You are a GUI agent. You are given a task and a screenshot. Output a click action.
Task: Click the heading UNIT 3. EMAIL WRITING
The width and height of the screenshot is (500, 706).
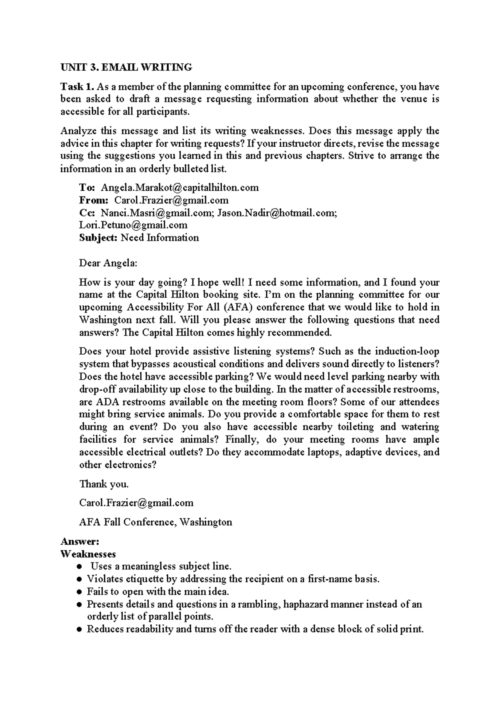[126, 67]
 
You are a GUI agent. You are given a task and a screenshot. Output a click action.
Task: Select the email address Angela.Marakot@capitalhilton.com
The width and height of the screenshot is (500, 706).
[180, 187]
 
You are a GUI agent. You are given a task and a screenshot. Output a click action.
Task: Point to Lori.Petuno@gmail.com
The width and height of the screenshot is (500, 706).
[133, 225]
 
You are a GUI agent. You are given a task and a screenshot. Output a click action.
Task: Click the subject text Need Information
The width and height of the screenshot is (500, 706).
[160, 238]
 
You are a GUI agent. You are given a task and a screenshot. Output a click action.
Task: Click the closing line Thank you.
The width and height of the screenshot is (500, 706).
[104, 484]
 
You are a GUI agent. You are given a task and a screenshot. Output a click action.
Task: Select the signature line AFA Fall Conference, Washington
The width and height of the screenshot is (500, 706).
[155, 522]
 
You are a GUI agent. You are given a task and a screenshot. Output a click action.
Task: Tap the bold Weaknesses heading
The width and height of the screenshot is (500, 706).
[88, 554]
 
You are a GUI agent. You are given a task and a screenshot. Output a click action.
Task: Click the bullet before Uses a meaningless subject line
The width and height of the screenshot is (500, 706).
[79, 567]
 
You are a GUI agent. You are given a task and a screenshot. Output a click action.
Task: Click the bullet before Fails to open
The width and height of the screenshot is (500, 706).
[79, 592]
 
